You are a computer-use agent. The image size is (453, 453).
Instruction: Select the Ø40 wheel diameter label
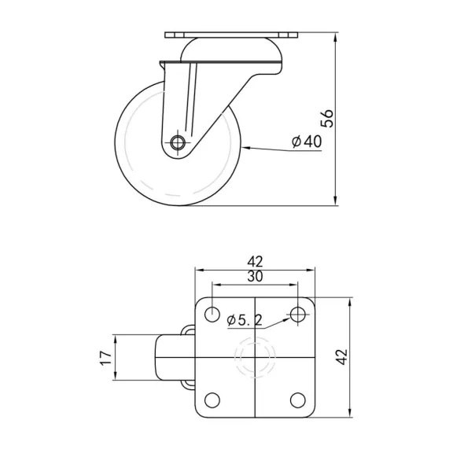coord(307,141)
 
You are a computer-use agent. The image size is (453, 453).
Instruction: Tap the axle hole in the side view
coord(179,144)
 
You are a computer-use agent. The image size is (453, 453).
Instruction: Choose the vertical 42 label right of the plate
coord(340,357)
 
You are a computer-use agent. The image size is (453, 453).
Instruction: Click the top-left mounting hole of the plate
coord(212,315)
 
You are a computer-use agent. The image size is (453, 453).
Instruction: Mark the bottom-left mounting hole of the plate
coord(212,399)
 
